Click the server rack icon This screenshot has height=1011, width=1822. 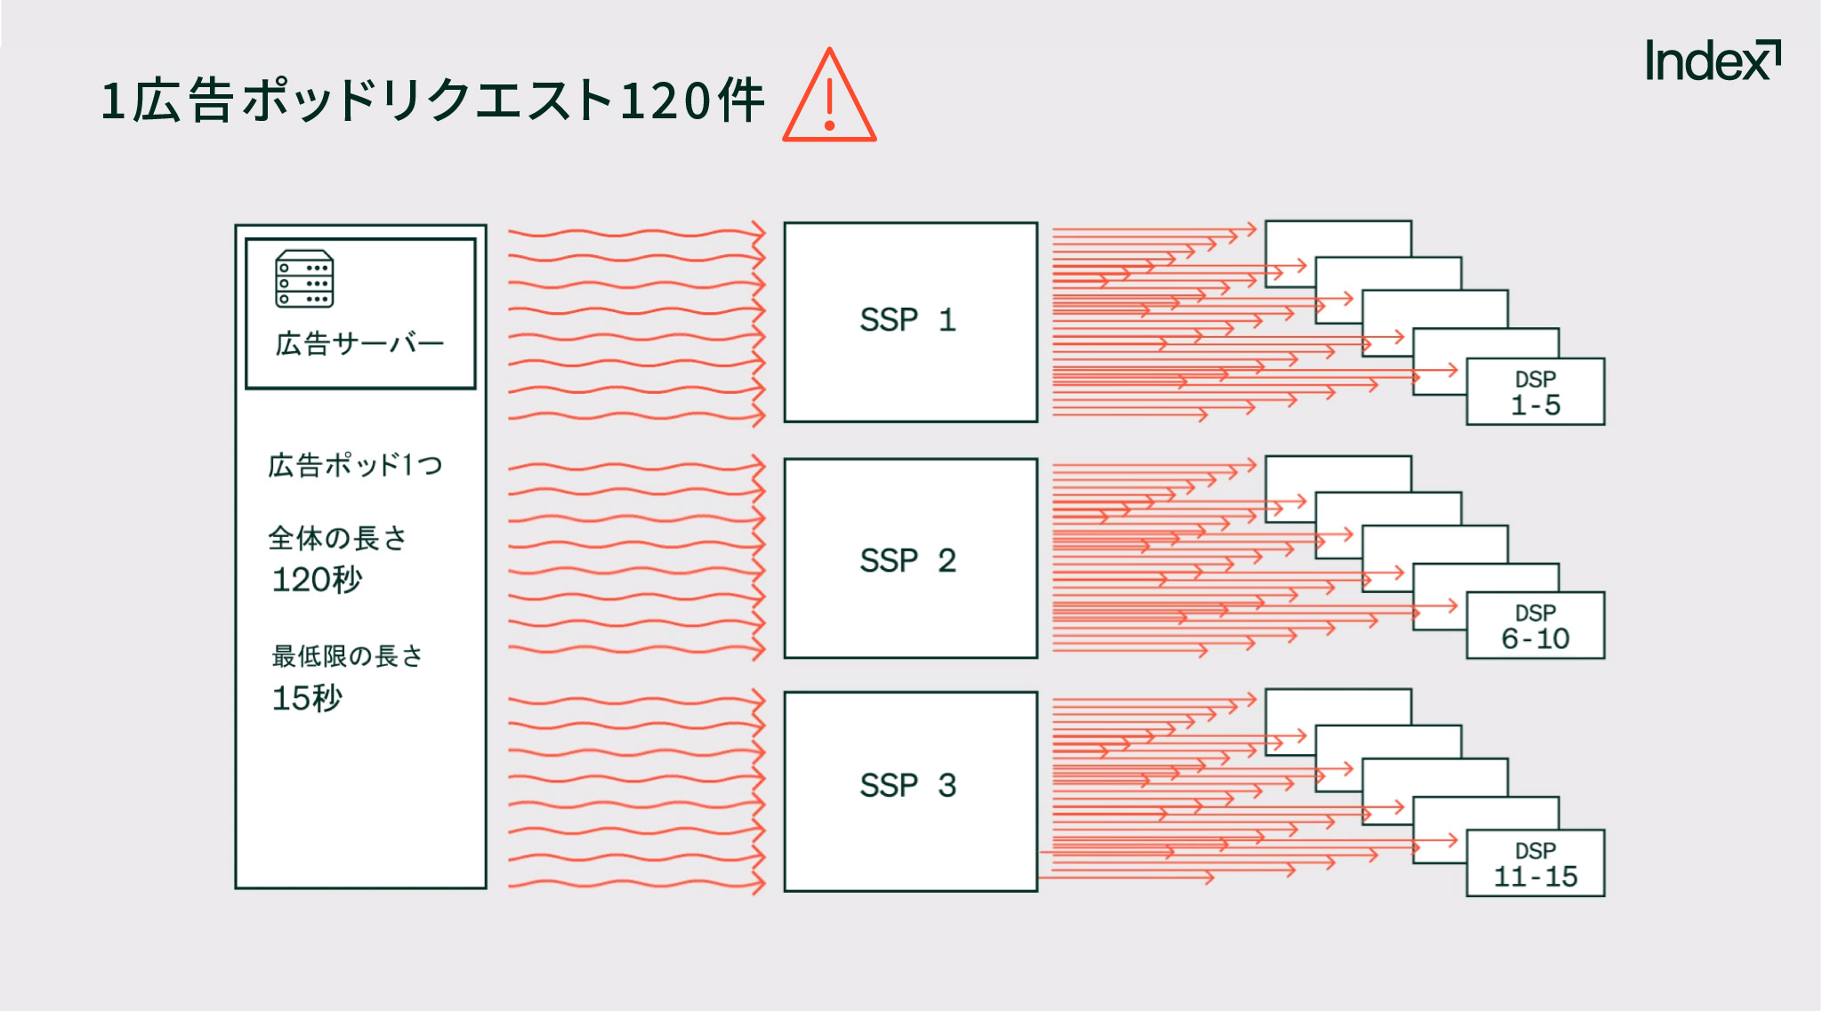[x=304, y=278]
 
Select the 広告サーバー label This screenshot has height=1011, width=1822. [x=359, y=343]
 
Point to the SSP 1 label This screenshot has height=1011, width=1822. [x=908, y=320]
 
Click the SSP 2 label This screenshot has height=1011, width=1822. [x=908, y=560]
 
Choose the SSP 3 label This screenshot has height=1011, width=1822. [x=908, y=785]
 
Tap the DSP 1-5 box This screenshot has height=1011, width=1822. [x=1536, y=392]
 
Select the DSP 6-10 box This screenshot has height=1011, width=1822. [x=1536, y=626]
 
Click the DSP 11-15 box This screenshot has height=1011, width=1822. [x=1536, y=863]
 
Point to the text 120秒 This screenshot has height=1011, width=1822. [x=318, y=580]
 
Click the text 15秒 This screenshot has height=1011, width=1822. [x=307, y=698]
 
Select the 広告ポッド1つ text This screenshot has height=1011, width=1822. [x=355, y=465]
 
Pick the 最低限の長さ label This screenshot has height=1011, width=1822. [x=348, y=656]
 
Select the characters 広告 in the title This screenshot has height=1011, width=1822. [x=183, y=100]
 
